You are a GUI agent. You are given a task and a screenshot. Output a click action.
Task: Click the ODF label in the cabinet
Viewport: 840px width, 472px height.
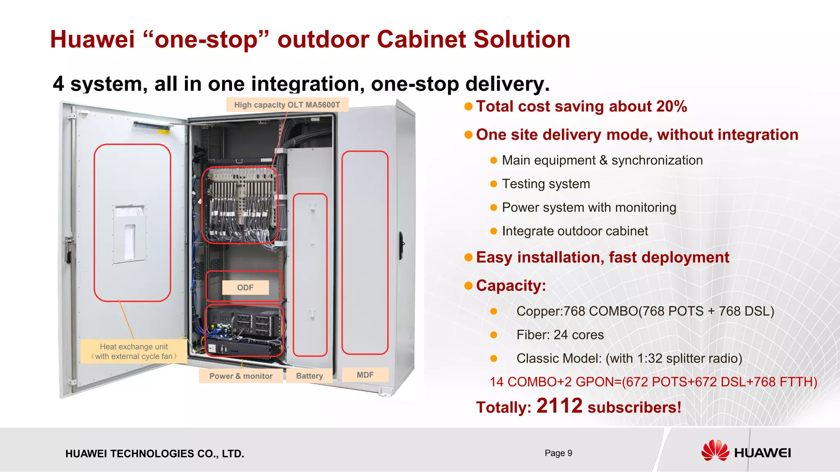[x=245, y=288]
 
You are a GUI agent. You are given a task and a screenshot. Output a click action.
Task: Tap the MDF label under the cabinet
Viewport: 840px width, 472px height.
[x=365, y=375]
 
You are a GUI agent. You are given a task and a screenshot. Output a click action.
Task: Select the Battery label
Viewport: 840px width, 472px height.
[x=309, y=376]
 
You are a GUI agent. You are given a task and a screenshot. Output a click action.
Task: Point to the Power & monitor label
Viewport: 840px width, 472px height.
[x=241, y=376]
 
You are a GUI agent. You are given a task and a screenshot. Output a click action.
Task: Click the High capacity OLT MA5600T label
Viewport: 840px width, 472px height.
[x=287, y=105]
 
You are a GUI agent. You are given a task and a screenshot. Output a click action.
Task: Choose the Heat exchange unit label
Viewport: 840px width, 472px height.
[x=134, y=352]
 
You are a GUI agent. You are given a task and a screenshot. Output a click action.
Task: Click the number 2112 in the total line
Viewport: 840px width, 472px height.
[x=559, y=406]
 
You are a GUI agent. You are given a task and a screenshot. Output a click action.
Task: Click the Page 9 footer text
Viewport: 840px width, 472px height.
[x=558, y=453]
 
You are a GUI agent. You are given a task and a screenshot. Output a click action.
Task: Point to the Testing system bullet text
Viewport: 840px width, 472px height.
[x=546, y=184]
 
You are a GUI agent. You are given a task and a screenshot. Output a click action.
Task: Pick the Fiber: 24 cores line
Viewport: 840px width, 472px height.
[x=560, y=335]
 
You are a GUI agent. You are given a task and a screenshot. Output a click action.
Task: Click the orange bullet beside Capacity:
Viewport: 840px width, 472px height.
[x=468, y=286]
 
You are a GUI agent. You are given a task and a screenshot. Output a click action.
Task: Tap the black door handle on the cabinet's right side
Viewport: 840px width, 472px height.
[x=402, y=244]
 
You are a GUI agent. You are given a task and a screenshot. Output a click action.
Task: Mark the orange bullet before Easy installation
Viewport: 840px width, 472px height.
[x=468, y=258]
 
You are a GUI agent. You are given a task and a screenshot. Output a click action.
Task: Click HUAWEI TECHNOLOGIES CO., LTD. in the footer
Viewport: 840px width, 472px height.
[x=155, y=454]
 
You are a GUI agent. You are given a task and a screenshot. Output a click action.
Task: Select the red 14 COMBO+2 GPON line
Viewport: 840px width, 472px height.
[x=653, y=382]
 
